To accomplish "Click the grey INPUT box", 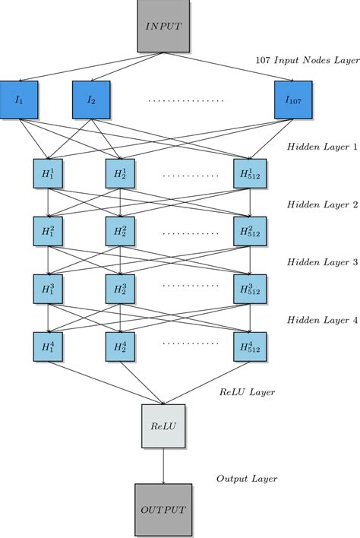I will [x=163, y=27].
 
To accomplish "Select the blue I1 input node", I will [x=19, y=99].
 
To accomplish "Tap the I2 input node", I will [x=91, y=99].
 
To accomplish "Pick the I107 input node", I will [x=293, y=99].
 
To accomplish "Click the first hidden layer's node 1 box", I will [x=48, y=175].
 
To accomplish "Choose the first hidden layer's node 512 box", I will [x=248, y=175].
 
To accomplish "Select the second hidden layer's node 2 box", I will [x=120, y=230].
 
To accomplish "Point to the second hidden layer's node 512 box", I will [x=248, y=230].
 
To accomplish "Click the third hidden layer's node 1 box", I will [x=48, y=288].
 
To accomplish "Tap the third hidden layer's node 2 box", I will [x=120, y=288].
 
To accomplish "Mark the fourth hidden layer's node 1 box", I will [x=48, y=345].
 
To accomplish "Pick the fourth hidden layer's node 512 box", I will [x=248, y=345].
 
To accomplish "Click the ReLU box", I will [x=163, y=426].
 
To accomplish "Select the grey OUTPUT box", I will [x=163, y=509].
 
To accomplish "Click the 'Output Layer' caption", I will [x=247, y=479].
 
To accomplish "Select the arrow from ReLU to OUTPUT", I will [x=163, y=465].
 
